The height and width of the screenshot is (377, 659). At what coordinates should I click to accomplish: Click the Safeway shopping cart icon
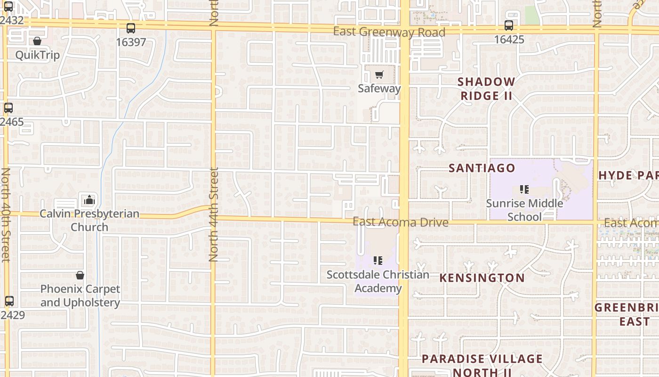tap(379, 74)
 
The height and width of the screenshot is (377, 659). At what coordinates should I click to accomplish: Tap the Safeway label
tap(379, 88)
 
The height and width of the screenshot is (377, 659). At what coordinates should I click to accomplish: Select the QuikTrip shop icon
tap(37, 41)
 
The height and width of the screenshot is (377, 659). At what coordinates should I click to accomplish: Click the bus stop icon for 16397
tap(131, 28)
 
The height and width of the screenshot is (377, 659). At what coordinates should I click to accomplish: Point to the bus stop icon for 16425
tap(509, 25)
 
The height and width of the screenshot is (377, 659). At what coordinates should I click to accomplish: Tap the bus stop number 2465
tap(12, 122)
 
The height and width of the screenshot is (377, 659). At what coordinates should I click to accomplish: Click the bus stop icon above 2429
tap(9, 301)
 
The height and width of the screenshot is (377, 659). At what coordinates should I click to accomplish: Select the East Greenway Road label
tap(389, 32)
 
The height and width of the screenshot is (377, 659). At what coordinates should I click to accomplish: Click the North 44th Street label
tap(214, 214)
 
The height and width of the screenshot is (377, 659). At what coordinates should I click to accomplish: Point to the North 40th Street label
tap(6, 214)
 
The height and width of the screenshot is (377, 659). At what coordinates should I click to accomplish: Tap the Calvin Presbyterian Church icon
tap(89, 200)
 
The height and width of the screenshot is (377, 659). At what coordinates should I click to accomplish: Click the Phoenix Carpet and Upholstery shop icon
tap(80, 275)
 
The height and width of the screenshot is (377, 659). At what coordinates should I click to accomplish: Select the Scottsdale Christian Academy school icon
tap(378, 260)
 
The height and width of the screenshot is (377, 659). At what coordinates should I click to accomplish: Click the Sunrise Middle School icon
tap(524, 189)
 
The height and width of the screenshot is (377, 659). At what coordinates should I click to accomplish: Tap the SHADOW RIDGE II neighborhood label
tap(486, 89)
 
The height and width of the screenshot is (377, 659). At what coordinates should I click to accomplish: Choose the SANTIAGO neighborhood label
tap(482, 168)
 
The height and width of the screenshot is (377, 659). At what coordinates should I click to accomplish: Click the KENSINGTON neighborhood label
tap(482, 278)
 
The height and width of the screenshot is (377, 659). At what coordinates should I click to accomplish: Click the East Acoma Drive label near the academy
tap(400, 222)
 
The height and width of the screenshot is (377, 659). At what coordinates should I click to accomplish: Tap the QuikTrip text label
tap(37, 55)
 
